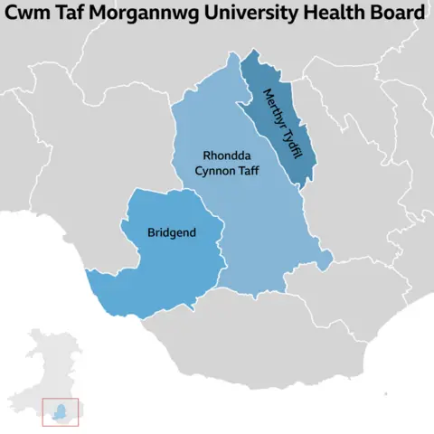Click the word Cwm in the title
click(32, 14)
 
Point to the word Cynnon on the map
click(214, 169)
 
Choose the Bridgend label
click(172, 232)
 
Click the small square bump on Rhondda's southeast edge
click(324, 259)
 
